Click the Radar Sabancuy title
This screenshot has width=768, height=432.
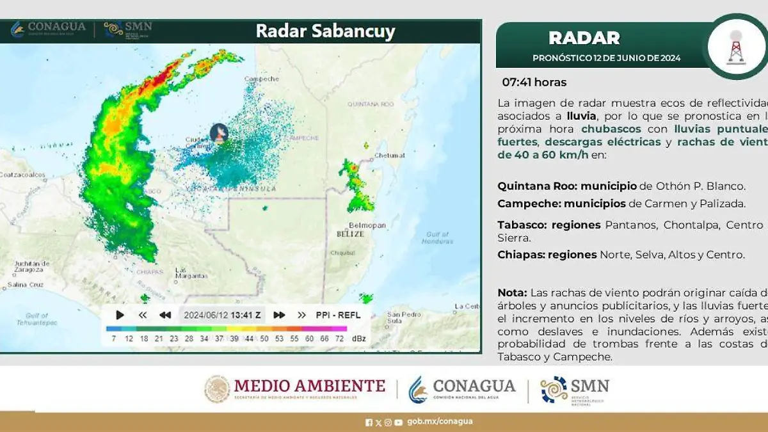click(325, 31)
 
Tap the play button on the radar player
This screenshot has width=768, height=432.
click(120, 315)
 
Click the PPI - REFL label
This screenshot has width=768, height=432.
click(338, 315)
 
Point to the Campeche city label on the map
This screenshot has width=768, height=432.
click(262, 79)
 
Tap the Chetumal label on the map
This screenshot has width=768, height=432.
click(390, 155)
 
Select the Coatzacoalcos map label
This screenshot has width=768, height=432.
click(23, 174)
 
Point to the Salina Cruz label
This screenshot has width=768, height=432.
click(26, 284)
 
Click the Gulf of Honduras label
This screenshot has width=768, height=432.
click(438, 237)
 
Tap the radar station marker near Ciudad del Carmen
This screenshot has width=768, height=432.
click(219, 132)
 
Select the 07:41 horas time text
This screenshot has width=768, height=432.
click(534, 82)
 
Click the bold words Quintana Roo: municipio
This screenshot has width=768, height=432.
click(566, 186)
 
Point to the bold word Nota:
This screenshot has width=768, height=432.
click(513, 292)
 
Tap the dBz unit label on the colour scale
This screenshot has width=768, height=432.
click(358, 338)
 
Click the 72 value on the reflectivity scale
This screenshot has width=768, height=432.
click(339, 338)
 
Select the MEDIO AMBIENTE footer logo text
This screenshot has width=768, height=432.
click(309, 386)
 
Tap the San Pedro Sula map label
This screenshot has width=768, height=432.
click(403, 318)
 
